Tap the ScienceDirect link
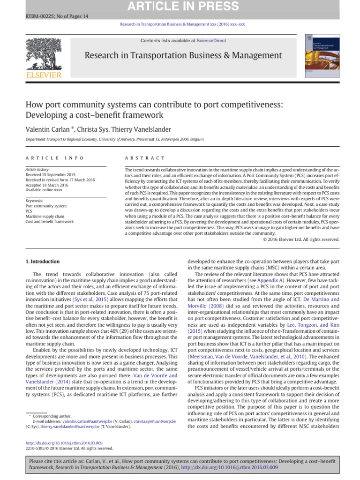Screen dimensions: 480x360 click(x=211, y=41)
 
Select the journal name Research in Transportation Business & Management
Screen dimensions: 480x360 click(x=183, y=56)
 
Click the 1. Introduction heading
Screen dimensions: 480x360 click(x=42, y=261)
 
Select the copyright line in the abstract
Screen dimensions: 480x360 click(x=301, y=239)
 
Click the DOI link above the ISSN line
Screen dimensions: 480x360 click(x=63, y=442)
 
